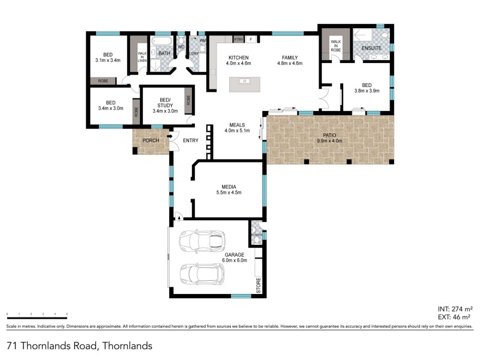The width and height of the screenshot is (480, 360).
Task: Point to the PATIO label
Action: pyautogui.click(x=328, y=136)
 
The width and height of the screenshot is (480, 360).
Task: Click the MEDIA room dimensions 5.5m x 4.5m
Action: pyautogui.click(x=228, y=193)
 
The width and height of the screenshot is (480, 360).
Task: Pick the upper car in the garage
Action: pyautogui.click(x=202, y=241)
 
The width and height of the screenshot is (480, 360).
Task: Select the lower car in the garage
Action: pyautogui.click(x=202, y=274)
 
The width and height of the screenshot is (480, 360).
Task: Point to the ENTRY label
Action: pyautogui.click(x=190, y=140)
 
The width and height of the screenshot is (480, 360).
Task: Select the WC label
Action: pyautogui.click(x=181, y=47)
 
